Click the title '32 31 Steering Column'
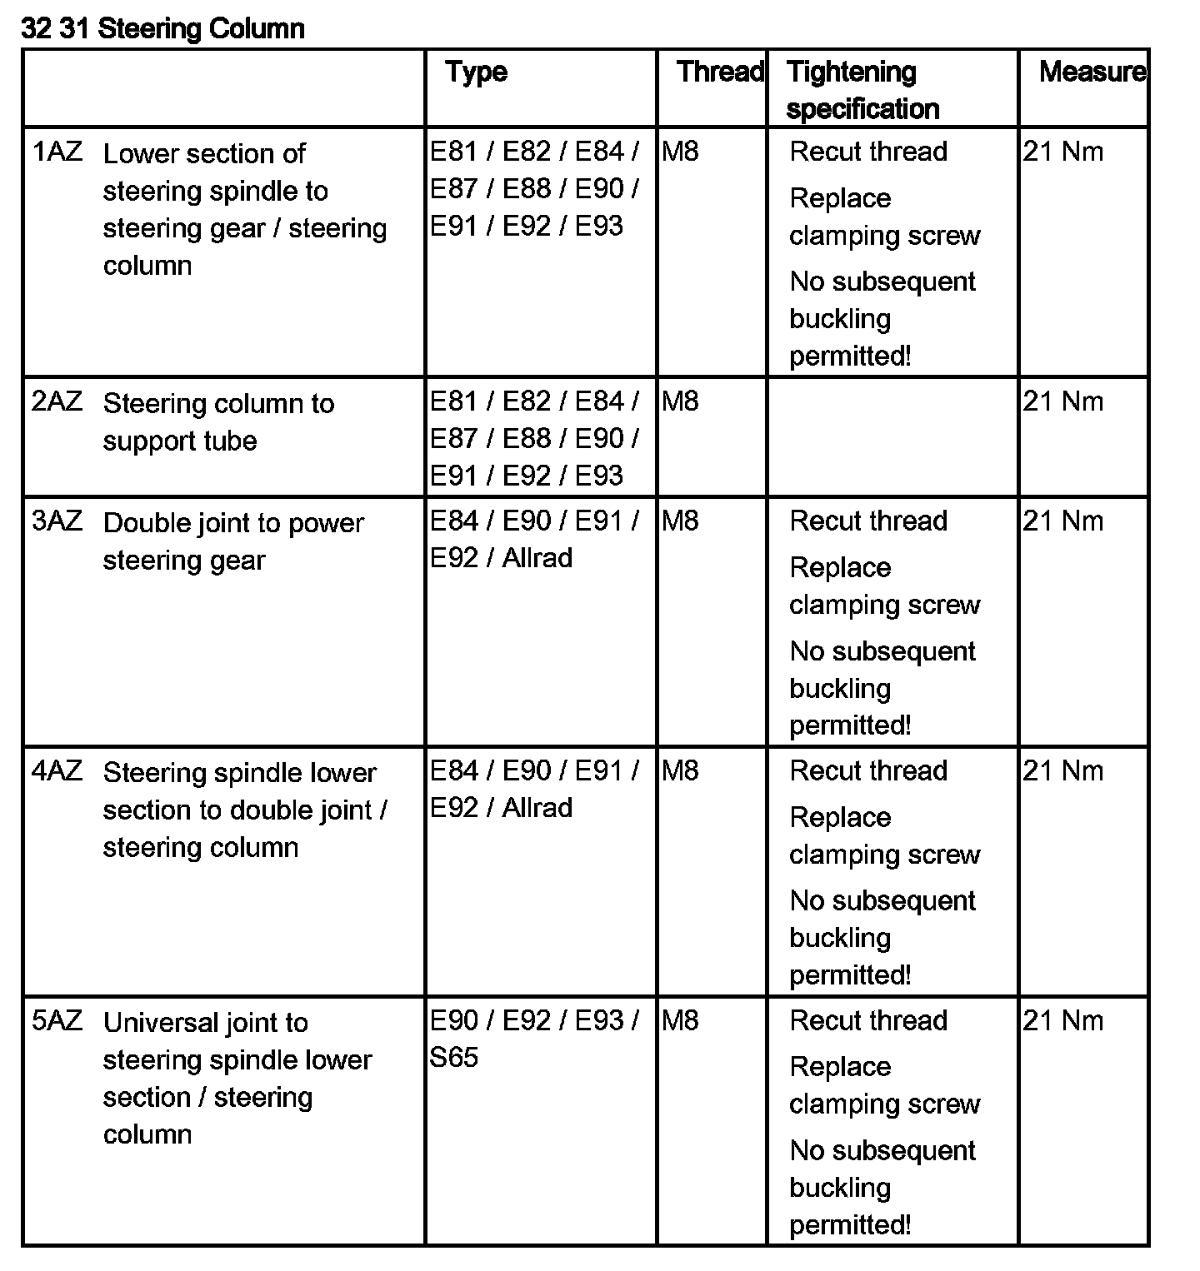coord(163,29)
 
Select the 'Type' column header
coord(476,72)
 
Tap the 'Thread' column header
coord(720,72)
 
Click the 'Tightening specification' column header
coord(862,90)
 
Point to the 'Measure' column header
coord(1092,72)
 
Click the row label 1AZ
coord(57,152)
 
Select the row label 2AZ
coord(57,401)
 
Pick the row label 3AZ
coord(57,521)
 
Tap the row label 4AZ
coord(57,771)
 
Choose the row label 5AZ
coord(57,1021)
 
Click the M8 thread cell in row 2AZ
coord(680,401)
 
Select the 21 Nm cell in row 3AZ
coord(1062,521)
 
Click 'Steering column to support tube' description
coord(218,422)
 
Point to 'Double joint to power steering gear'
coord(233,541)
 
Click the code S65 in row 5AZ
coord(454,1058)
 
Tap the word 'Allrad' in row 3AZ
coord(537,558)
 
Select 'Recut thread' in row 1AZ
coord(868,152)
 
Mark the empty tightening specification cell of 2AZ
coord(892,437)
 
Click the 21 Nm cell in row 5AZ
coord(1062,1021)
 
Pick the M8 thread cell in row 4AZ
coord(680,771)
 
